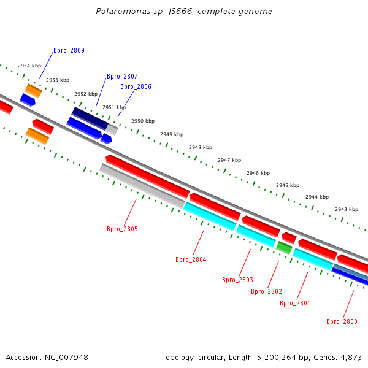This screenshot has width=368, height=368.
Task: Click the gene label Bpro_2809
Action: pyautogui.click(x=69, y=50)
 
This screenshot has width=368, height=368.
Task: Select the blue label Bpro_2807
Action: pyautogui.click(x=122, y=76)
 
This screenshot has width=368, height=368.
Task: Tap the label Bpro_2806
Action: pyautogui.click(x=136, y=86)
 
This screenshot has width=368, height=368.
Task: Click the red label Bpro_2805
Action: pyautogui.click(x=122, y=229)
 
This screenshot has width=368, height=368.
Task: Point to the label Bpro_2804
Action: pyautogui.click(x=191, y=259)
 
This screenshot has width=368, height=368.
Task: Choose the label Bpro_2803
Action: pyautogui.click(x=237, y=280)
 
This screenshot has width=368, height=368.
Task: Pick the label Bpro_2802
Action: pyautogui.click(x=266, y=291)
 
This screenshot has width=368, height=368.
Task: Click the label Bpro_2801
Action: pyautogui.click(x=295, y=303)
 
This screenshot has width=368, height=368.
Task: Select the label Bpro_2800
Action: pyautogui.click(x=342, y=321)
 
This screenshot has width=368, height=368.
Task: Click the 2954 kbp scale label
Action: pyautogui.click(x=29, y=66)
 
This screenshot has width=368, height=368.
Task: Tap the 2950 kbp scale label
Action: pyautogui.click(x=143, y=121)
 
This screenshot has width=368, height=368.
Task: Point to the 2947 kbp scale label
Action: pyautogui.click(x=229, y=160)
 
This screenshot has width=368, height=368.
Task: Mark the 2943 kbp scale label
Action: pyautogui.click(x=347, y=209)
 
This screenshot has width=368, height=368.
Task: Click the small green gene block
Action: pyautogui.click(x=283, y=247)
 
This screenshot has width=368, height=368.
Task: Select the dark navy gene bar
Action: pyautogui.click(x=90, y=118)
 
